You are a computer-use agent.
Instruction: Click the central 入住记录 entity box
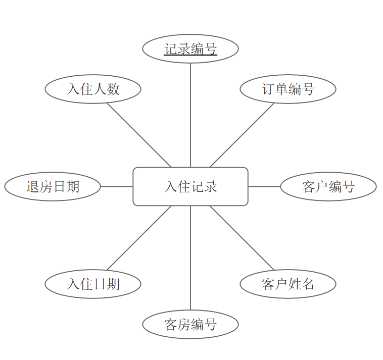(190, 186)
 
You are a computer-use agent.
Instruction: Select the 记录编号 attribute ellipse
(190, 49)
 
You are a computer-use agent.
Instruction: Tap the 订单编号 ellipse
(288, 89)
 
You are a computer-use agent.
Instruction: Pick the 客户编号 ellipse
(328, 186)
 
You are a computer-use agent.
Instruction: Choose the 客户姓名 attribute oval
(288, 284)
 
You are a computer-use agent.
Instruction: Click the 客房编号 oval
(190, 324)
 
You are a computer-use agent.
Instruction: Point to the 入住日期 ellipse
(93, 284)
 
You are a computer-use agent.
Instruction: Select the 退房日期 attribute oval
(53, 186)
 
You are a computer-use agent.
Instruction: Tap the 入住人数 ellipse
(93, 89)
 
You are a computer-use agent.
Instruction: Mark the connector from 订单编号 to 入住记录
(242, 135)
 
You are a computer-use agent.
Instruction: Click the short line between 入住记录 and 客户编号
(264, 186)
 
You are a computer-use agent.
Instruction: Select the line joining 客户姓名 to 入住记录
(242, 238)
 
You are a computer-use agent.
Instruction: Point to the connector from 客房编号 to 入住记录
(190, 258)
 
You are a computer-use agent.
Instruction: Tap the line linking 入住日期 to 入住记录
(139, 238)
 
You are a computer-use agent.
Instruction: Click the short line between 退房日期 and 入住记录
(117, 186)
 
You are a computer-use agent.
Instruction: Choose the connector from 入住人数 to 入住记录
(139, 135)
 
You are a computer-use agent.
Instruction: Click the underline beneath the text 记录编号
(190, 56)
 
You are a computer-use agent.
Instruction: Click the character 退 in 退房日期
(33, 186)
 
